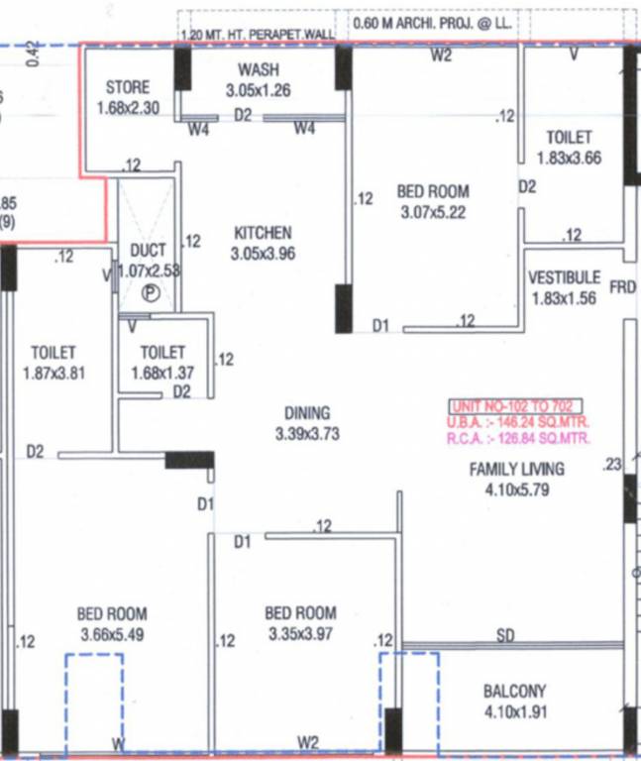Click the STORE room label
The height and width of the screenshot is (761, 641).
(x=127, y=87)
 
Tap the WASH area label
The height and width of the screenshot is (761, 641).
(x=258, y=69)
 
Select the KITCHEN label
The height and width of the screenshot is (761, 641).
(x=263, y=233)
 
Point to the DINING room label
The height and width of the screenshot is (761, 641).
(x=307, y=413)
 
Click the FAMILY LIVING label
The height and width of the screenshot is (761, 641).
(x=516, y=470)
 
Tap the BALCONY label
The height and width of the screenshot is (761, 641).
(x=514, y=691)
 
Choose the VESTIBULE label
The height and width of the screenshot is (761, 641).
(x=564, y=277)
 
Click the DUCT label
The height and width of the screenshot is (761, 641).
(x=148, y=251)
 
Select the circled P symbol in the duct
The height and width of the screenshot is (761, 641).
(x=150, y=292)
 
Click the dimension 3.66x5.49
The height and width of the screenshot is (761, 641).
(x=112, y=634)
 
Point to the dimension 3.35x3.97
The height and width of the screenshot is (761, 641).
(x=301, y=633)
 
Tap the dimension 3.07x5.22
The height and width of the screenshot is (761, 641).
(x=433, y=212)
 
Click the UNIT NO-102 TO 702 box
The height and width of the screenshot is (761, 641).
(x=516, y=405)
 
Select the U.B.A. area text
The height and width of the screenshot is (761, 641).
(x=519, y=421)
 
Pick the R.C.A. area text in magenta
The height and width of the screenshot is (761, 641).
(x=519, y=437)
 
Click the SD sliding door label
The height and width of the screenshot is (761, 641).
(x=505, y=635)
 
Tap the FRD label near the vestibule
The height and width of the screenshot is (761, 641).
(x=622, y=287)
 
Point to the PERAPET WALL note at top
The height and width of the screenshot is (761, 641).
(x=259, y=34)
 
